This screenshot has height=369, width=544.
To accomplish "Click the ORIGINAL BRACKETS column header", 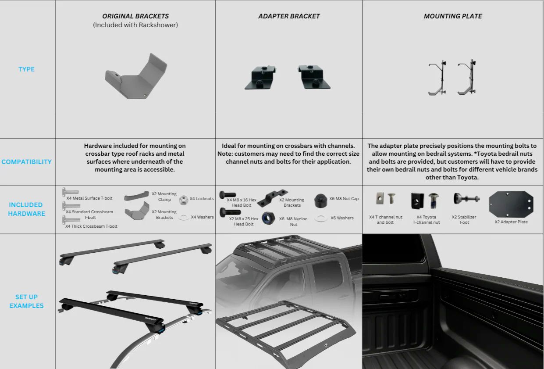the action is click(135, 16).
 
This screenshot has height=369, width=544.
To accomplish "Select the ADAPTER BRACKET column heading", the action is click(289, 16).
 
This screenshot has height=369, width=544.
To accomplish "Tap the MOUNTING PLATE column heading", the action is click(453, 16).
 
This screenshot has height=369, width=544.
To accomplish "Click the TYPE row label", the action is click(26, 69).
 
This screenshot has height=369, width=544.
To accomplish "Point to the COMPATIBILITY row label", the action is click(26, 162).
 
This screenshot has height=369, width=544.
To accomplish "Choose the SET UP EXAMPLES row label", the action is click(26, 301).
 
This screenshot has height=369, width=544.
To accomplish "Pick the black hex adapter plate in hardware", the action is click(511, 204).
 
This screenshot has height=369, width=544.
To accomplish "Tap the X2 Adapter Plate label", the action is click(511, 222).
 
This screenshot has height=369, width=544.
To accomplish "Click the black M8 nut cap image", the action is click(320, 201).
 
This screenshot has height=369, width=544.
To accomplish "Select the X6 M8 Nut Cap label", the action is click(344, 199).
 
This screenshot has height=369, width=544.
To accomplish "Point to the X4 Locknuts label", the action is click(202, 199).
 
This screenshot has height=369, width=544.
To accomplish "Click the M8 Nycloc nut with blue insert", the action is click(268, 218).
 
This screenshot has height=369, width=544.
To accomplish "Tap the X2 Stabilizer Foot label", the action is click(464, 219).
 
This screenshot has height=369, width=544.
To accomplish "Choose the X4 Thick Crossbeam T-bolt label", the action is click(91, 226).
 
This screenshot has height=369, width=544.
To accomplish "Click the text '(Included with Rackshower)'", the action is click(135, 25).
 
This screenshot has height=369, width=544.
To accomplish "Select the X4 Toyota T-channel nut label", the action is click(426, 219).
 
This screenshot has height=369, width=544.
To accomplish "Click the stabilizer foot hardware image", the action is click(466, 199).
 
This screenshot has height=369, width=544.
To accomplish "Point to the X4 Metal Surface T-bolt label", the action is click(89, 198).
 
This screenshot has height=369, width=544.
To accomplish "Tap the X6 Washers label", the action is click(342, 218).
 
